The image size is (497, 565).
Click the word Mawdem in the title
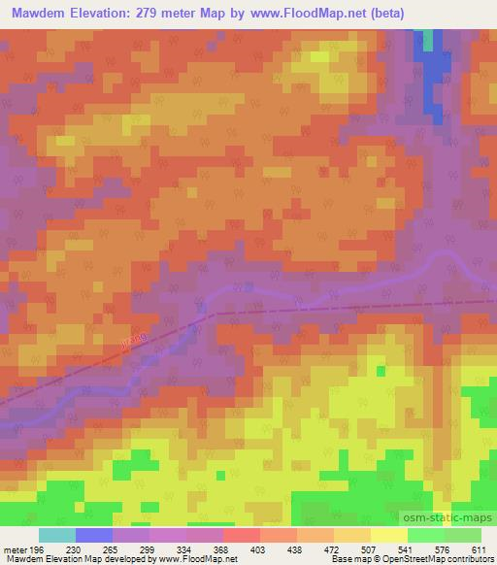36,13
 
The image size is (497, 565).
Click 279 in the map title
159,13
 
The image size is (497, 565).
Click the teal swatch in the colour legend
56,535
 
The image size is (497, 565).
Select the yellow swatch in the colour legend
388,535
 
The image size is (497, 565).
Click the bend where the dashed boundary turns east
212,313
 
